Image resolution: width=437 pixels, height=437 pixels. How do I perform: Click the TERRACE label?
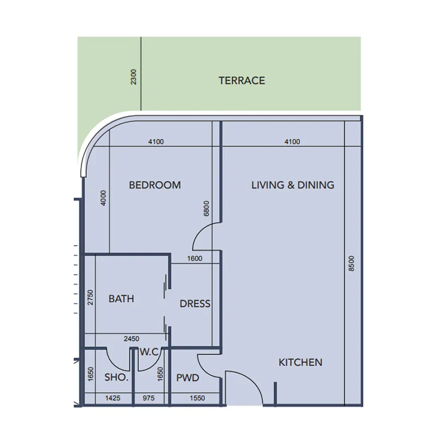point(241,81)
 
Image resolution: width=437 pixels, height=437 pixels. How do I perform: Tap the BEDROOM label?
point(155,185)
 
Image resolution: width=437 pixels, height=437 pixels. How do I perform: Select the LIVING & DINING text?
point(292,185)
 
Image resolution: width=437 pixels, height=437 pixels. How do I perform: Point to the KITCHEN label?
point(300,362)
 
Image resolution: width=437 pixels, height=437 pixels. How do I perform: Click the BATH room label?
point(121,299)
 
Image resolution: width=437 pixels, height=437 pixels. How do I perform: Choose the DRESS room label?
point(195,304)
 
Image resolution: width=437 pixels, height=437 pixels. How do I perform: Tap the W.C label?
point(149,352)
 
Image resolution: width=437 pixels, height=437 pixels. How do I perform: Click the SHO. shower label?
point(116,377)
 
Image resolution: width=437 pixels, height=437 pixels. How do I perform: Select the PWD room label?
point(187,377)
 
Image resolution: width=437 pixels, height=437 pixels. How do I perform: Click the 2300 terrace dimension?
point(134,76)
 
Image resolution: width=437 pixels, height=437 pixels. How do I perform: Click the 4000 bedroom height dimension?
point(104,198)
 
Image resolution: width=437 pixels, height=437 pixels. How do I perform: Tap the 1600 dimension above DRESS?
point(194,259)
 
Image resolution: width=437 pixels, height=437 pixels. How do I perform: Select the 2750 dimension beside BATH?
point(91,298)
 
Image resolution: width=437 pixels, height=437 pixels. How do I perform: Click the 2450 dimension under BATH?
point(131,339)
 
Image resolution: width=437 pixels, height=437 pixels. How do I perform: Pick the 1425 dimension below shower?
point(113,398)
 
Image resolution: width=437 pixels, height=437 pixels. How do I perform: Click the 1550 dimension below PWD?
point(197,398)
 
